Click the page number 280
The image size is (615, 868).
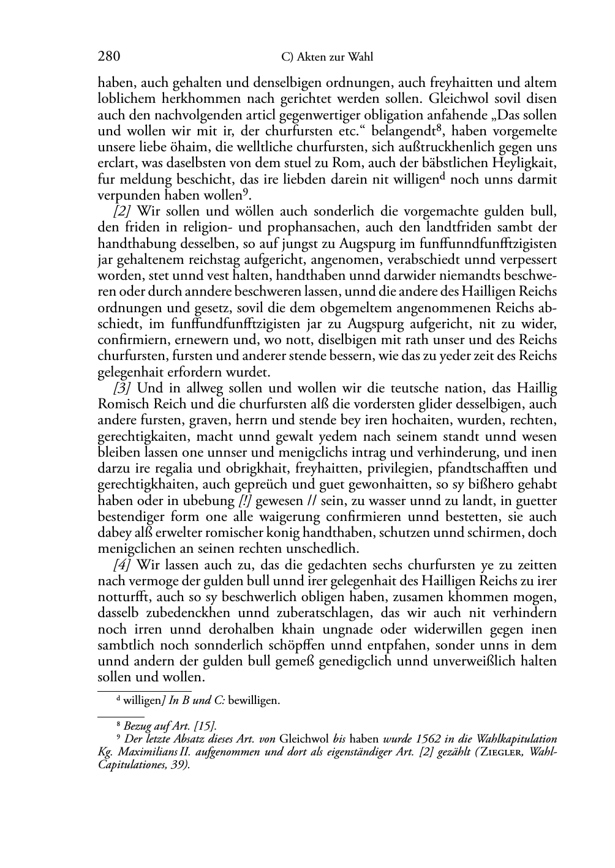(108, 57)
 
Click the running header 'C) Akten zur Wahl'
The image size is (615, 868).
(326, 58)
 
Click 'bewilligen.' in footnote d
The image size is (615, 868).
(254, 700)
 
